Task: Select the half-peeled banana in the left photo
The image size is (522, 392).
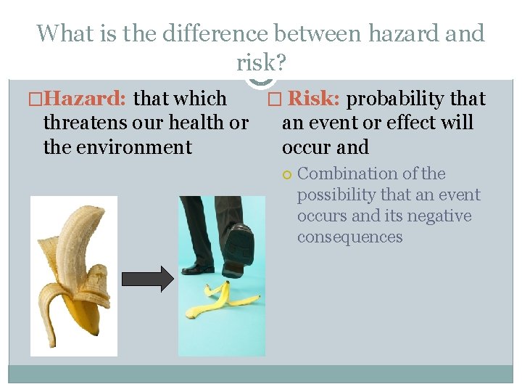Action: pos(75,276)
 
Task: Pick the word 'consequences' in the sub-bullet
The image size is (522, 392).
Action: pos(349,237)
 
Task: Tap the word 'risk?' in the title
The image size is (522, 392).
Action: pos(261,63)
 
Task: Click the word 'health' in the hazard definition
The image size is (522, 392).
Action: pos(196,123)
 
